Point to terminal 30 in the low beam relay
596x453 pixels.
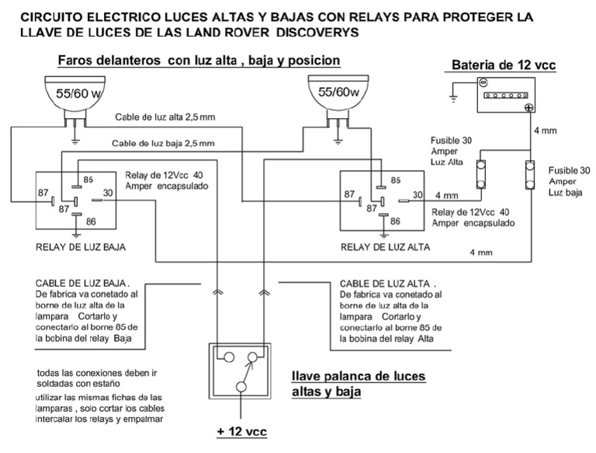pos(109,192)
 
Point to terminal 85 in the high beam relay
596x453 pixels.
pos(395,179)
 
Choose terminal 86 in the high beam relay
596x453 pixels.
pos(395,221)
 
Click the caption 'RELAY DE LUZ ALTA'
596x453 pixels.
pos(385,248)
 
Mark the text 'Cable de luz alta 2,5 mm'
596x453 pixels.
pos(165,117)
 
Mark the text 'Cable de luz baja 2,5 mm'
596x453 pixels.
pos(163,143)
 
